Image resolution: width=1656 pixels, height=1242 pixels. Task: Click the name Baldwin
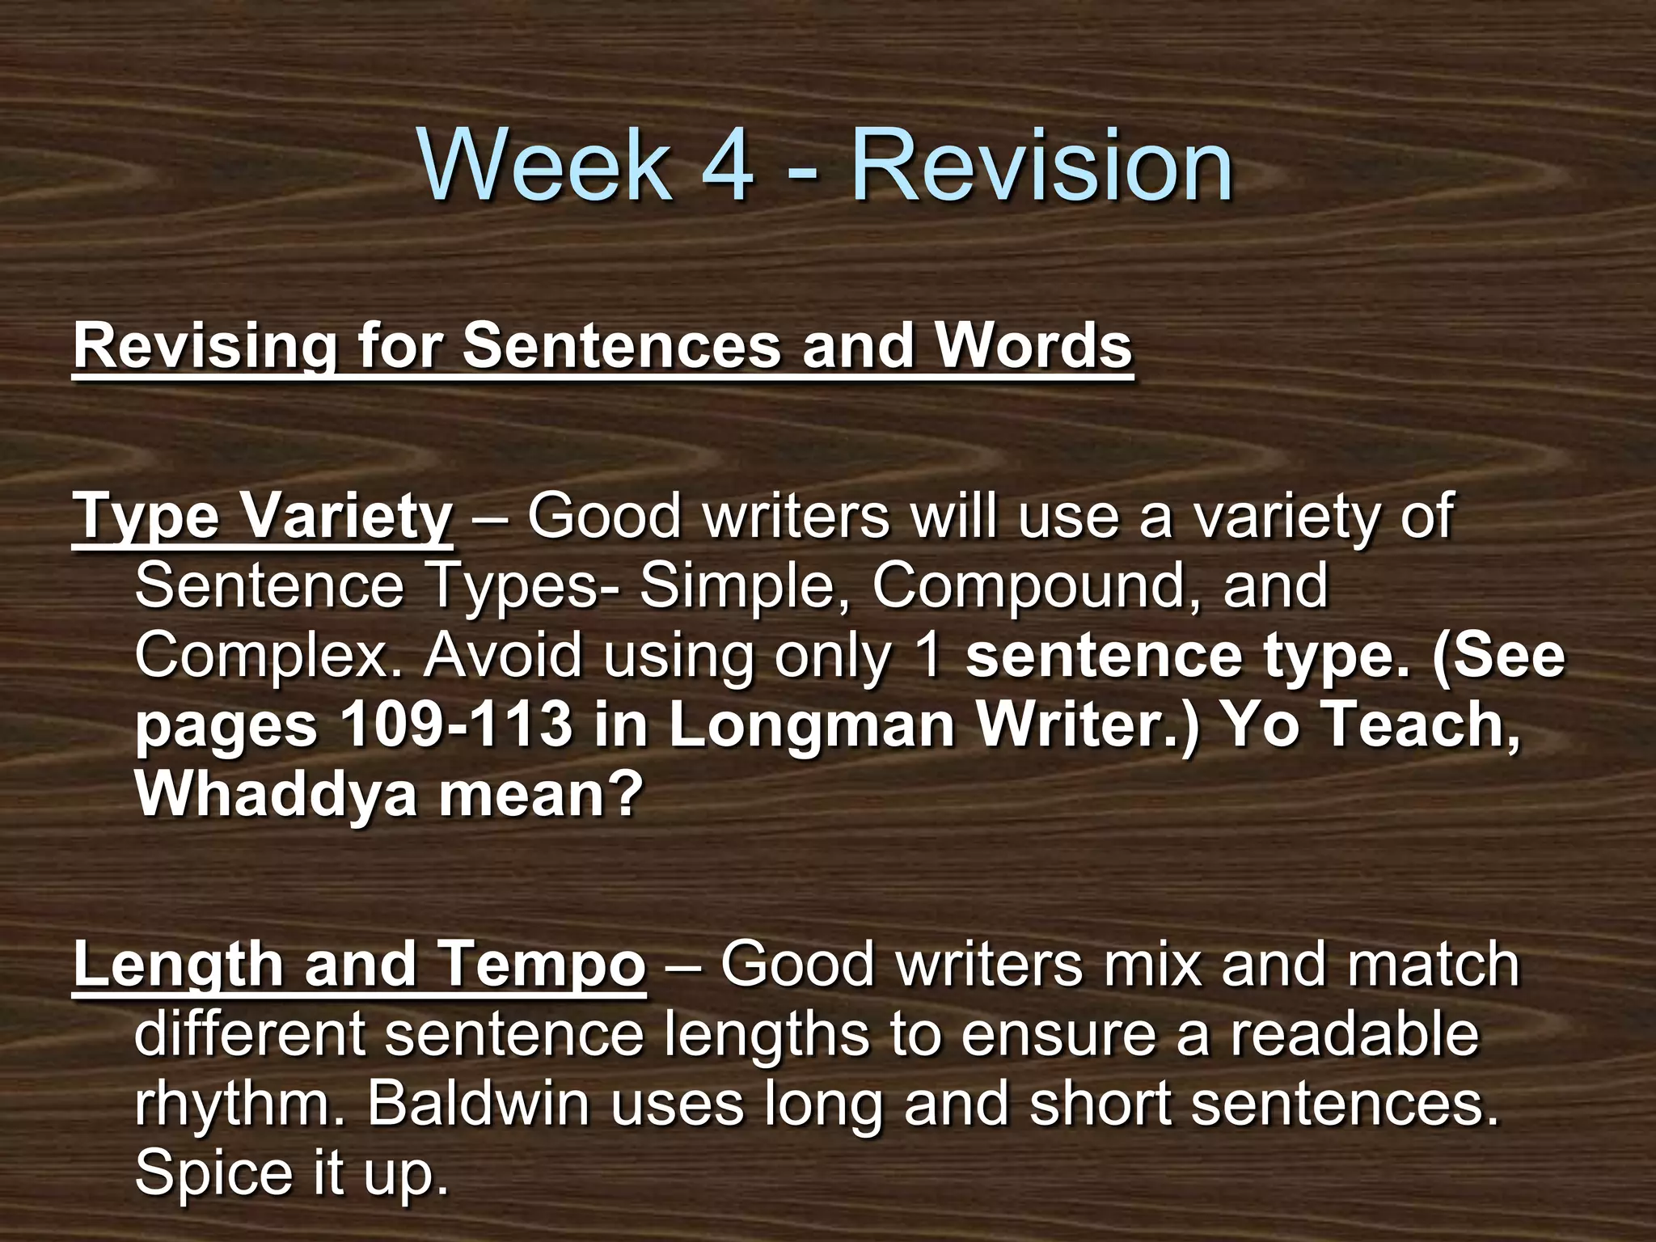click(x=479, y=1103)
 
